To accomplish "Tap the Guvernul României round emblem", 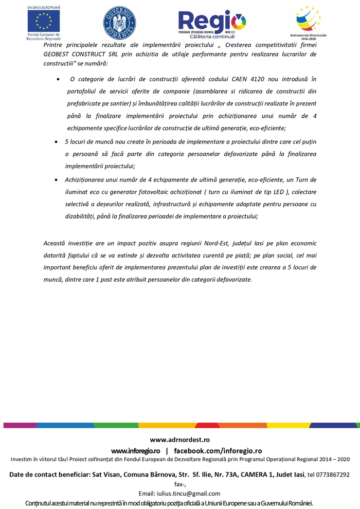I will (119, 22).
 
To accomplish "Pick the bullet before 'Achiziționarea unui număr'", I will (56, 180).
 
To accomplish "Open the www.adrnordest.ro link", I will (180, 440).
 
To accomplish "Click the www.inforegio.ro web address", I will (135, 451).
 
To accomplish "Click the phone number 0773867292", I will (333, 475).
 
